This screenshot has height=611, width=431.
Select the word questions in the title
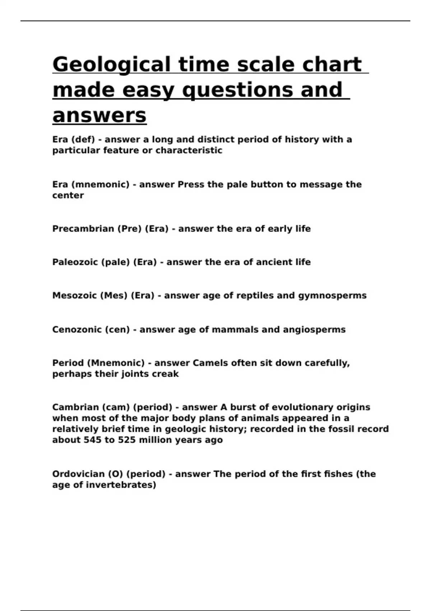tap(239, 90)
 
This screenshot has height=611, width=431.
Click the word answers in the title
tap(99, 115)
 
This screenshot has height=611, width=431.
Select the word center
tap(68, 196)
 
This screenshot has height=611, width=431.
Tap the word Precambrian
tap(83, 229)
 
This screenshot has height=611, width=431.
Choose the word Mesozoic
tap(74, 295)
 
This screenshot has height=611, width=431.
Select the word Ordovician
tap(78, 474)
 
